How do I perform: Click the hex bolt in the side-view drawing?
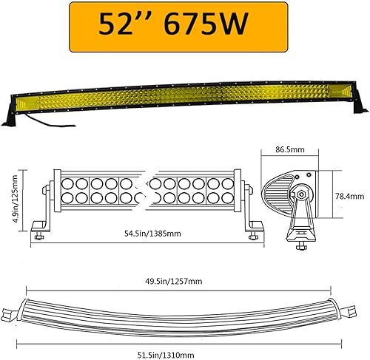[x=303, y=197]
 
